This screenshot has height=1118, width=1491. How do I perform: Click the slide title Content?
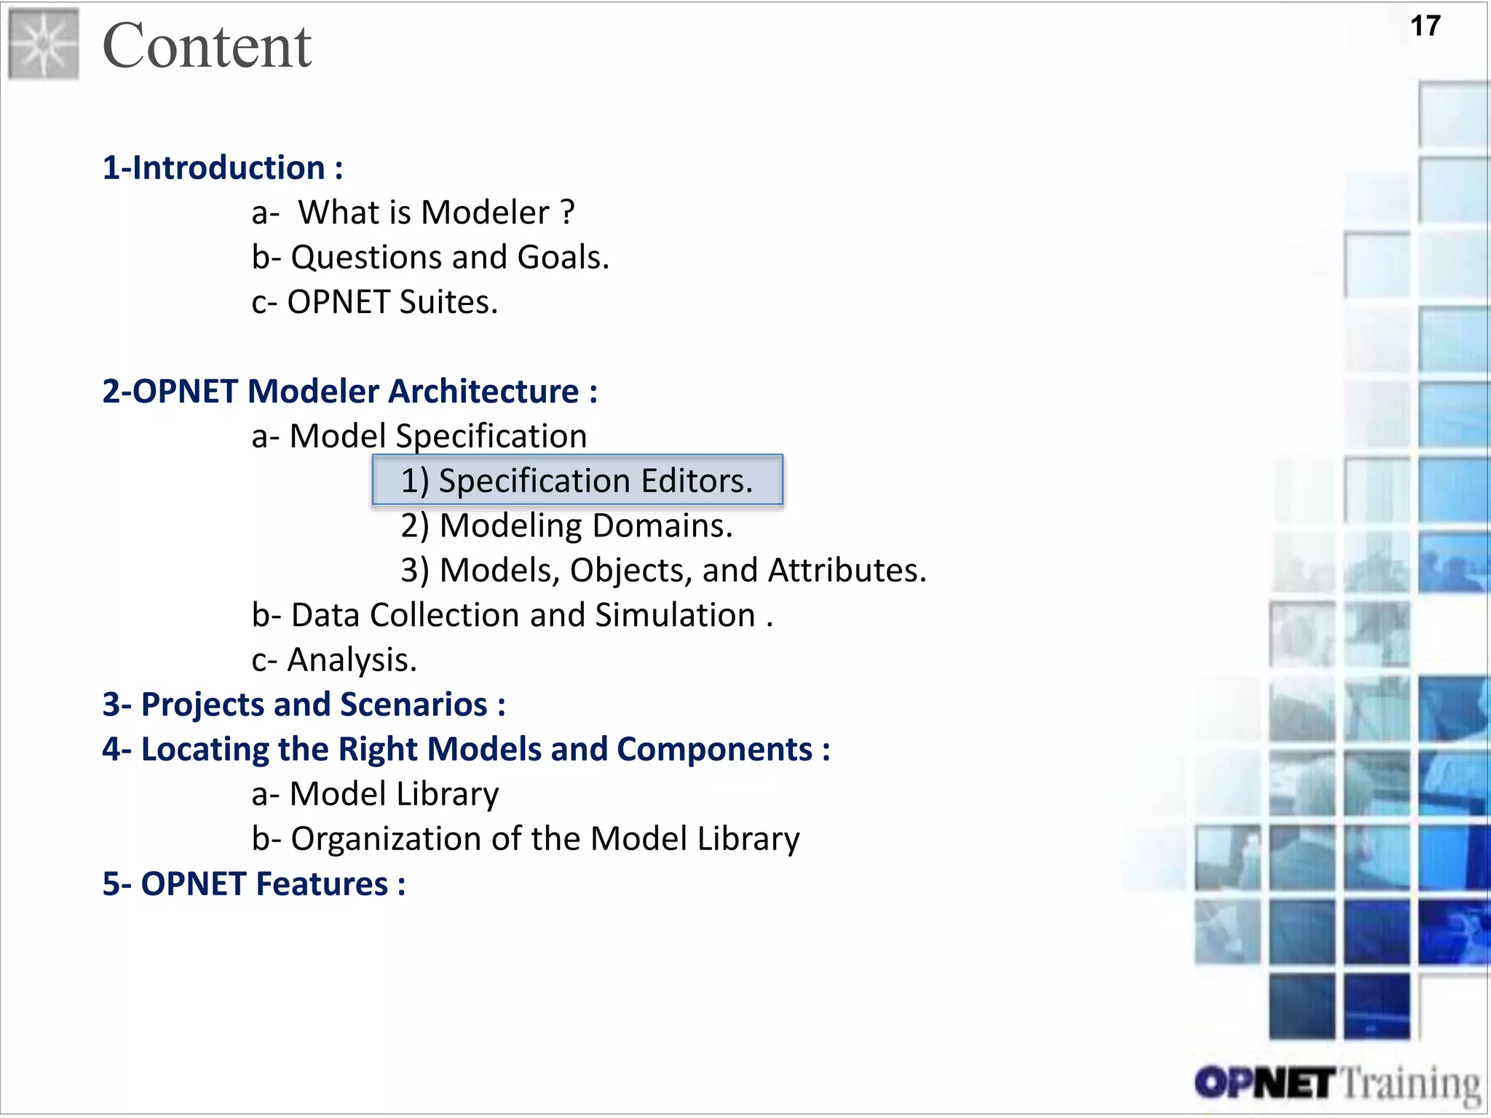point(207,47)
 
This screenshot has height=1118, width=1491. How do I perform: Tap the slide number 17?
point(1425,27)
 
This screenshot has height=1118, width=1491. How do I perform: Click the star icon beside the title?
point(44,44)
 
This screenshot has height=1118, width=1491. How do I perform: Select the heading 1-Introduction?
point(221,168)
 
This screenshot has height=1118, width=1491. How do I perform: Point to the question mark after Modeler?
point(568,213)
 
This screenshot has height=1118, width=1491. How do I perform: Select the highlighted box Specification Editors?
point(577,480)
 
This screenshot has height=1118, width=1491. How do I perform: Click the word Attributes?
point(847,571)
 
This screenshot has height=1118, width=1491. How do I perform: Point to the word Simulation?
point(675,616)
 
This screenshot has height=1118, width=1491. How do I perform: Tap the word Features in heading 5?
point(322,884)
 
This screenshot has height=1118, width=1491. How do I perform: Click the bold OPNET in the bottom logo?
point(1265,1083)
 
